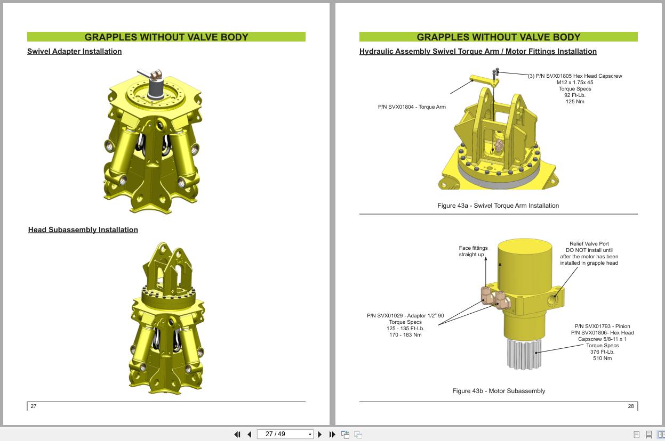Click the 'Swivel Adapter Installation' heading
click(74, 51)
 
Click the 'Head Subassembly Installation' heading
click(83, 230)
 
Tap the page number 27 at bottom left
click(33, 406)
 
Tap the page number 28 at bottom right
click(631, 406)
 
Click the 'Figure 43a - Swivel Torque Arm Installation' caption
click(498, 206)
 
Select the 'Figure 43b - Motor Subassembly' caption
click(498, 391)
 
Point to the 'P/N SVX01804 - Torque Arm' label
click(411, 107)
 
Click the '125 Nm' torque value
click(574, 102)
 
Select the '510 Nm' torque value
click(602, 358)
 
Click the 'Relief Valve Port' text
click(589, 244)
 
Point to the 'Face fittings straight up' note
click(473, 251)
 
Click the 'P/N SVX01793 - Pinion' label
click(602, 326)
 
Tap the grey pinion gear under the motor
click(524, 353)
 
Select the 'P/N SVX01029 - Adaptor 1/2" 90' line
click(405, 316)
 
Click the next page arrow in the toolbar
click(320, 435)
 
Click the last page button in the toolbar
click(332, 435)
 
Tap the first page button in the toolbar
click(237, 435)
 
